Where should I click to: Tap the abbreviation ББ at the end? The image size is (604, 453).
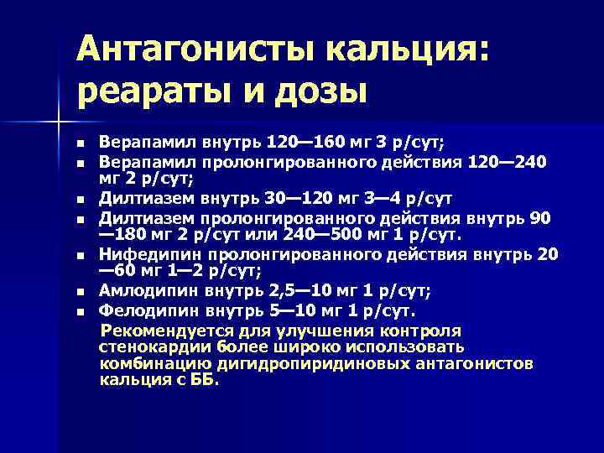(x=202, y=380)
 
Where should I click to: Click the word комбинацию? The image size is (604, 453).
(x=148, y=363)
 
